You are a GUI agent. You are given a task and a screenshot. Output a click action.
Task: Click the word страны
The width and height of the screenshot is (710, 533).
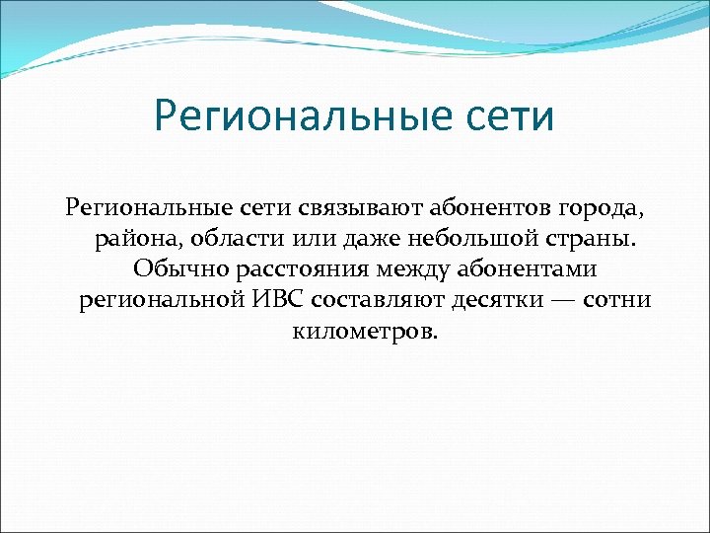pyautogui.click(x=599, y=239)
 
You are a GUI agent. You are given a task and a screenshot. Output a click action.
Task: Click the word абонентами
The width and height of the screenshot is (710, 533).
pyautogui.click(x=536, y=268)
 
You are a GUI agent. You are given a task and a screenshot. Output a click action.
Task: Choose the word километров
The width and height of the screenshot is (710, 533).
pyautogui.click(x=363, y=329)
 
